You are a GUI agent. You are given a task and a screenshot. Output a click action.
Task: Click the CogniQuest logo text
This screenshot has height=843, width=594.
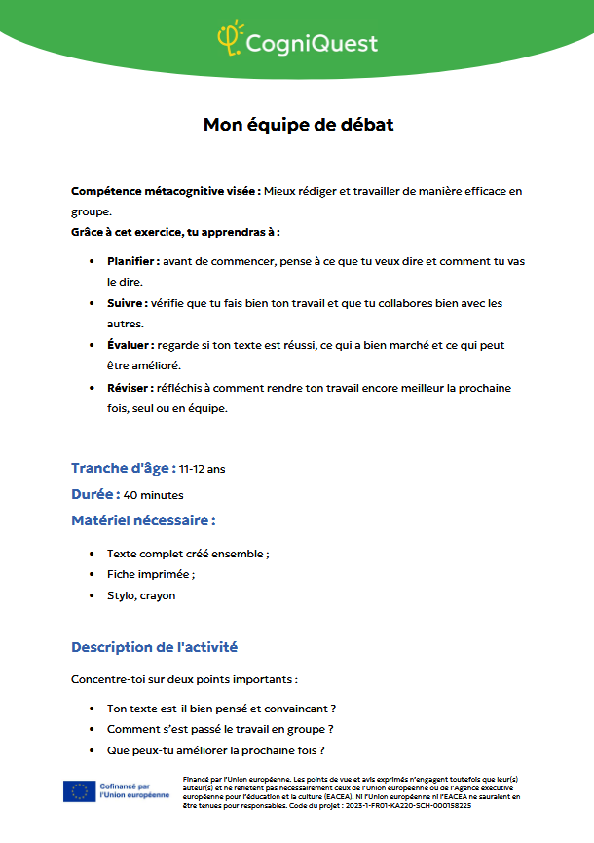312,43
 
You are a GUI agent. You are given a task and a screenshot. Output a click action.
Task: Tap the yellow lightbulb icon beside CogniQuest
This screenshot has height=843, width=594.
229,38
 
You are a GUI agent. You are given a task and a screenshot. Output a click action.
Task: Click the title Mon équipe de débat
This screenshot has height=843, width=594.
298,125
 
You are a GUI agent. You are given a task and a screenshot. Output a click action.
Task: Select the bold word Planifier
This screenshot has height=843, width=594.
132,261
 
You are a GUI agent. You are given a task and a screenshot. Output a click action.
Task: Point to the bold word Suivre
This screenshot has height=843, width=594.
127,303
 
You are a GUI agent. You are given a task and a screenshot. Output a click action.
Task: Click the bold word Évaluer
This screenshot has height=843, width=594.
130,345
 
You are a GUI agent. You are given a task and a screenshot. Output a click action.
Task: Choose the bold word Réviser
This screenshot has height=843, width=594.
129,388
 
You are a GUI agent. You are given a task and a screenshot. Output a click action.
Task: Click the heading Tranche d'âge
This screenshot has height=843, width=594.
123,468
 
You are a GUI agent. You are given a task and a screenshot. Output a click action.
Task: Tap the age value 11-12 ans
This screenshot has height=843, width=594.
202,469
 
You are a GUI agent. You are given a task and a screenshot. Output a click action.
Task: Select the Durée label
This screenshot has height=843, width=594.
95,494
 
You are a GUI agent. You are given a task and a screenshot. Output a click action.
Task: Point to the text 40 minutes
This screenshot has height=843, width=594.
154,495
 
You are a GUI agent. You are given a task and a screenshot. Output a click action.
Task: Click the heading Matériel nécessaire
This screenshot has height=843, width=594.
143,520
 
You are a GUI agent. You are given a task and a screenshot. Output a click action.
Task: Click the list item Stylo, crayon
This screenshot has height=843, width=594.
141,595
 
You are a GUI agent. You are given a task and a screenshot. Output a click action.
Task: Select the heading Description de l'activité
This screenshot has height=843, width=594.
154,647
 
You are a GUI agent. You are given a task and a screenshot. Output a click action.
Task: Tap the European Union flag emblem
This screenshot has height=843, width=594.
79,791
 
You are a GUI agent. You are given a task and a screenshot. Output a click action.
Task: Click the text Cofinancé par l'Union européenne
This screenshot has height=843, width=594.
133,791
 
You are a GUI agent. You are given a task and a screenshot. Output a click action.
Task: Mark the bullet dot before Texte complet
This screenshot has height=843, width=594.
91,554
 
